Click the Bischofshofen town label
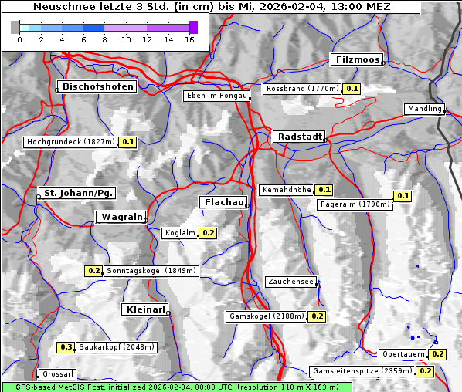[98, 87]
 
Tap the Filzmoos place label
[356, 59]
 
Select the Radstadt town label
[298, 137]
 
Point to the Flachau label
[224, 202]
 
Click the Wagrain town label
[121, 217]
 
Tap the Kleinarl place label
[144, 309]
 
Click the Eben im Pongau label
[216, 96]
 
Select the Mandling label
[424, 109]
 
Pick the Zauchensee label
[290, 282]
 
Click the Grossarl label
[57, 374]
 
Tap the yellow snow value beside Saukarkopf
[66, 347]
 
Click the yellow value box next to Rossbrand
[352, 89]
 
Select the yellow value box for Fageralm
[403, 196]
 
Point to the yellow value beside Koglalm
[208, 232]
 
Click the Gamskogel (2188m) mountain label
[266, 316]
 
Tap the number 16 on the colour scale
[189, 39]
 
